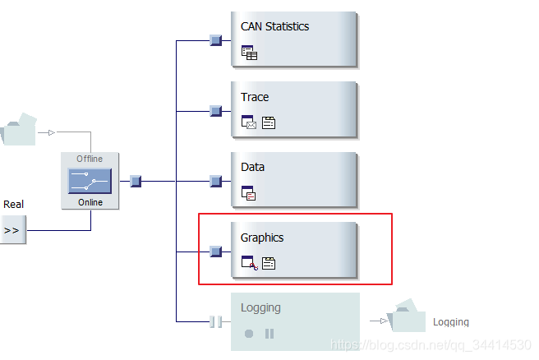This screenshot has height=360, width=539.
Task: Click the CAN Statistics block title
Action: coord(274,26)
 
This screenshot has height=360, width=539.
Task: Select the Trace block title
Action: coord(255,97)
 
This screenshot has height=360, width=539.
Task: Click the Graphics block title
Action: coord(262,238)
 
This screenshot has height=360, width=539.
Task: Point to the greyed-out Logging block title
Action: coord(260,307)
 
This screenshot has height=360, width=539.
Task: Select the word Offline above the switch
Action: coord(90,159)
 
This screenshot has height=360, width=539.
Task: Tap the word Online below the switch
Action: coord(90,202)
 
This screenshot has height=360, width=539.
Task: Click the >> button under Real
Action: coord(12,231)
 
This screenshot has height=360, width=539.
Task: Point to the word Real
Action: coord(13,204)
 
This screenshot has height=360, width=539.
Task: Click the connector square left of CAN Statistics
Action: coord(215,39)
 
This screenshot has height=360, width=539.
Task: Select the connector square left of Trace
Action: coord(215,110)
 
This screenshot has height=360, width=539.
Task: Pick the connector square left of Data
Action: coord(215,180)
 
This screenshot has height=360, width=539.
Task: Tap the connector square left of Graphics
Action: coord(215,251)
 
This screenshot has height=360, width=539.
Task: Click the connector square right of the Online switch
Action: coord(136,181)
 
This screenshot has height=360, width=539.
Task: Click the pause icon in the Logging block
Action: coord(269,334)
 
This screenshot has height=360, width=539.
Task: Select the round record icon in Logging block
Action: coord(249,334)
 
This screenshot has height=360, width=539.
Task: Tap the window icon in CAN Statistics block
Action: coord(249,53)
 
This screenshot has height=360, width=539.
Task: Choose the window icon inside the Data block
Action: coord(249,194)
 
